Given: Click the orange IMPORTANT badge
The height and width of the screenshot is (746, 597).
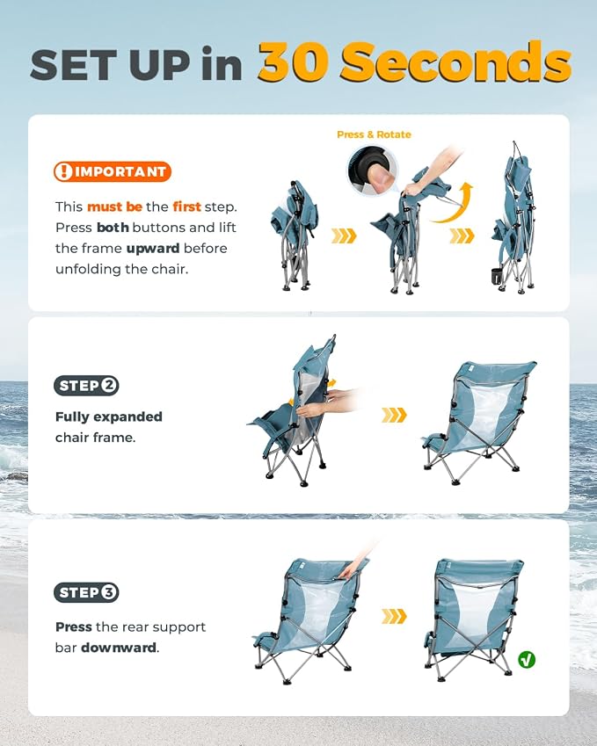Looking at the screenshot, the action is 113,171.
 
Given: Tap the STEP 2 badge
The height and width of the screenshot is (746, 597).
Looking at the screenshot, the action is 86,386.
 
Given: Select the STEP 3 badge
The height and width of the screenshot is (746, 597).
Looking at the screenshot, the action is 86,592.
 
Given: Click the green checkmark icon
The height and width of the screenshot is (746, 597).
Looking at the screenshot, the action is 527,659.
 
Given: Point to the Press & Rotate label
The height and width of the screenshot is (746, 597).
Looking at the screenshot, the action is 374,134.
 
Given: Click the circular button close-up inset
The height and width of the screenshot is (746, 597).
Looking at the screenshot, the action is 372,170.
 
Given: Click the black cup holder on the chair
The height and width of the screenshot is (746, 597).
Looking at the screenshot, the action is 498,277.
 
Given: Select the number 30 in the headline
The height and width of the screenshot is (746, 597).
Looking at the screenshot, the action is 295,62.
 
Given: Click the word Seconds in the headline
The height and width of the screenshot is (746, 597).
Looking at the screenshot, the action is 455,62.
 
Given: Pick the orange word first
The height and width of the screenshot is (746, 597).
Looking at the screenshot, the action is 186,206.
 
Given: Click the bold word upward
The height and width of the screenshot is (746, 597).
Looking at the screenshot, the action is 153,249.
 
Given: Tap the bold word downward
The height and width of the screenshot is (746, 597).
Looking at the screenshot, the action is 119,648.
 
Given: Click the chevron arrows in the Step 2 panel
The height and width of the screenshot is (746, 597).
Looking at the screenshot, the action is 394,415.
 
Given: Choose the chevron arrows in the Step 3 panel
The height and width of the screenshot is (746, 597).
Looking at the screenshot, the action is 394,616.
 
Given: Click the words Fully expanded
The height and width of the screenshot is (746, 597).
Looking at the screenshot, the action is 108,416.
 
